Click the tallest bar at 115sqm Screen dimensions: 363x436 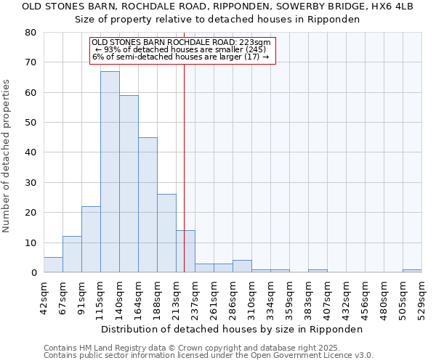(110, 172)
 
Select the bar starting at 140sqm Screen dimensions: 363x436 (129, 184)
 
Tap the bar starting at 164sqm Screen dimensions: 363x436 (148, 205)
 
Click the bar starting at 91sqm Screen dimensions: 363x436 (91, 240)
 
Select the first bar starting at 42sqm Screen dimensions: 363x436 (53, 265)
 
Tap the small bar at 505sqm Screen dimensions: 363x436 (412, 271)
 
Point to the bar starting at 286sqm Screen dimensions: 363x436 (242, 266)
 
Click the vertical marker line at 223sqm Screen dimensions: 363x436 (184, 167)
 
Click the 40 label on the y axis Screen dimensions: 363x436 (31, 152)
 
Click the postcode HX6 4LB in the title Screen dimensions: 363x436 (393, 7)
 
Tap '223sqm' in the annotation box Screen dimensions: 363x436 (254, 43)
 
